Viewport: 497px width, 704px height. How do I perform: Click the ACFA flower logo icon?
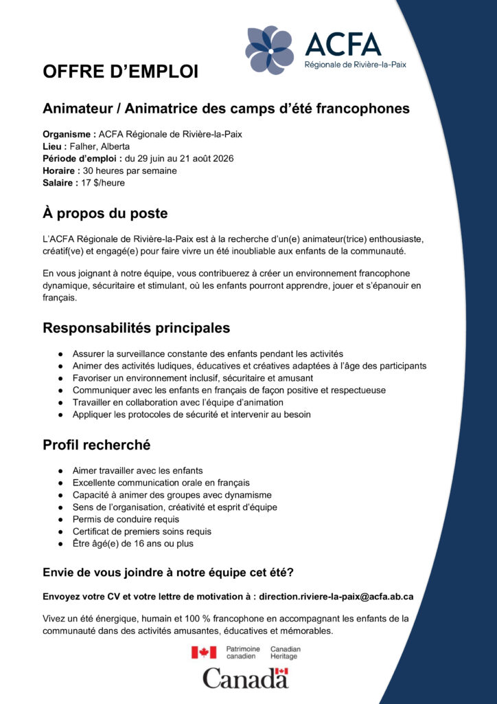270,49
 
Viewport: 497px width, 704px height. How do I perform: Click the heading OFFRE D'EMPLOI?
120,71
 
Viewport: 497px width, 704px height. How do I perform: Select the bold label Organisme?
69,134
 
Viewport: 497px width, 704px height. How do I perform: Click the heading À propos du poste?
105,214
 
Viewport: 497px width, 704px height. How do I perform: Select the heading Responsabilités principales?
137,328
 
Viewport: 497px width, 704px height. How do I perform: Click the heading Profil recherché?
97,445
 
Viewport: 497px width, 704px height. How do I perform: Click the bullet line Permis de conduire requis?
126,519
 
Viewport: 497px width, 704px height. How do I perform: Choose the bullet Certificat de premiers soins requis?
142,531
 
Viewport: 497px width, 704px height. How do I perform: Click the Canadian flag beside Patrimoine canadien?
203,652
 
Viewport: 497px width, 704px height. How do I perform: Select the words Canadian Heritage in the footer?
285,652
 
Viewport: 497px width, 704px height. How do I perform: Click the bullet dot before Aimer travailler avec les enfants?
62,471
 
